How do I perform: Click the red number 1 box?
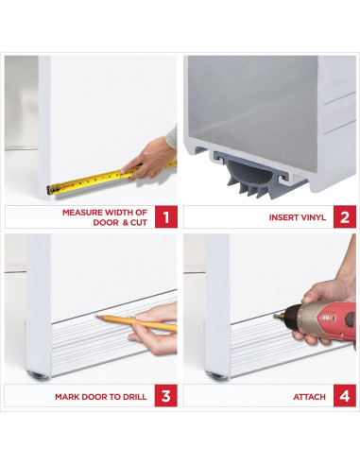166,216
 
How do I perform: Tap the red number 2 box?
345,216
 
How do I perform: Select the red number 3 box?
166,396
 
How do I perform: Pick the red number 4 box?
345,396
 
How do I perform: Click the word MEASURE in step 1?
82,213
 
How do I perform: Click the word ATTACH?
309,397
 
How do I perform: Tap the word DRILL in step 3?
134,397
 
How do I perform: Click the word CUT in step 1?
139,222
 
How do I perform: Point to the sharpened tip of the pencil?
96,317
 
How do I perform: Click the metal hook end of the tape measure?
49,190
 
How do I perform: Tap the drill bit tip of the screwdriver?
274,317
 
